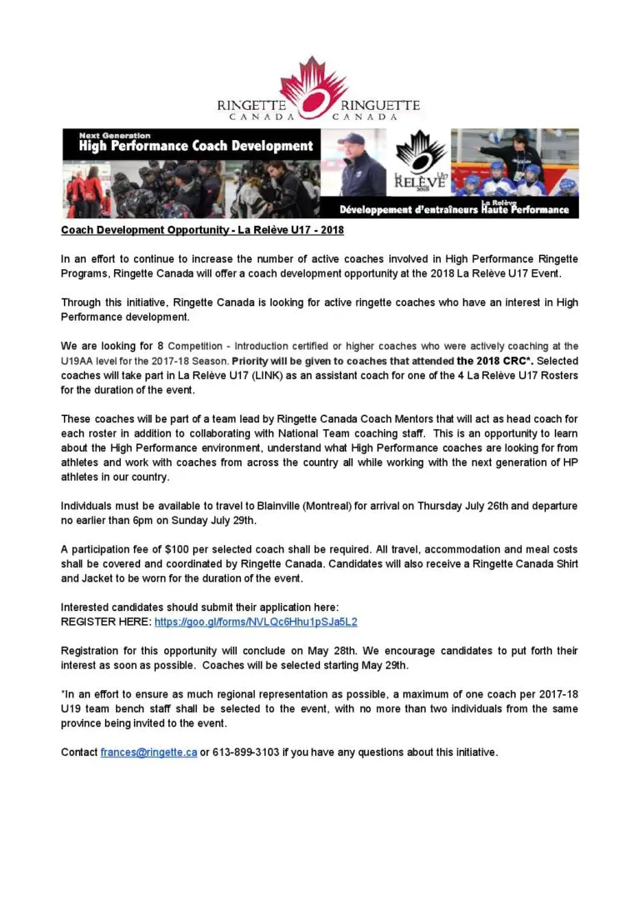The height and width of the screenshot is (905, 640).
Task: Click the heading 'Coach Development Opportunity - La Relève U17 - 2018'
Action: (x=202, y=230)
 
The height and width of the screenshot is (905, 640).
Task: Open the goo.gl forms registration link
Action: (x=256, y=622)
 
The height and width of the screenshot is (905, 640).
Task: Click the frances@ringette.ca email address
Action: (x=148, y=752)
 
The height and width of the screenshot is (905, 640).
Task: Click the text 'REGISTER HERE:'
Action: (x=106, y=622)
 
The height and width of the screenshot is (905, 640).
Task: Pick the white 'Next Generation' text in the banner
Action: (x=115, y=135)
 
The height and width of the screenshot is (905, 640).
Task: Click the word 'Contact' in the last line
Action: (x=79, y=752)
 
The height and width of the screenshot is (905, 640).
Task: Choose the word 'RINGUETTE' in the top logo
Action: (x=381, y=106)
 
